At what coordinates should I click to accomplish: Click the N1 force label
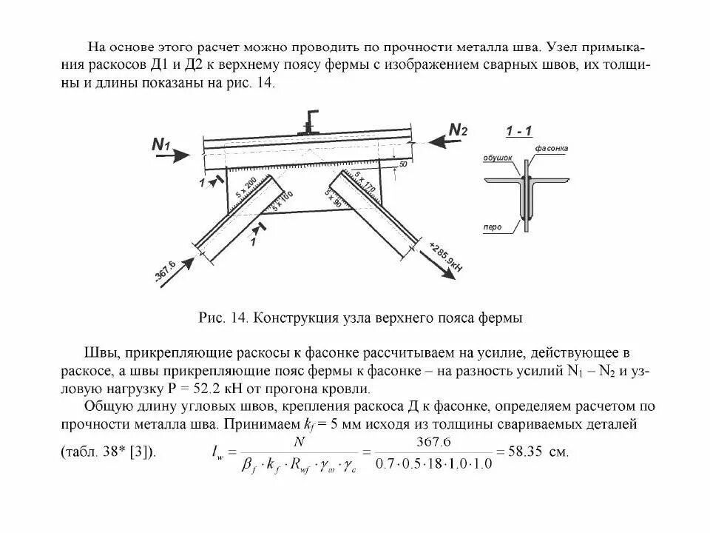160,144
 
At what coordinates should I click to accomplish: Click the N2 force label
459,130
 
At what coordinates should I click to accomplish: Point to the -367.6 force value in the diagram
164,271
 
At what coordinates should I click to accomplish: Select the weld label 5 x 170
365,182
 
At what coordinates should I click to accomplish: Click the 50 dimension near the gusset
403,163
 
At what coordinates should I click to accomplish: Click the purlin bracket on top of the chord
309,121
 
